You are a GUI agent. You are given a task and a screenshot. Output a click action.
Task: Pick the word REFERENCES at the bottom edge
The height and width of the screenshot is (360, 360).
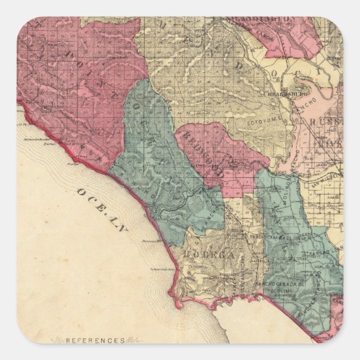coord(95,339)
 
